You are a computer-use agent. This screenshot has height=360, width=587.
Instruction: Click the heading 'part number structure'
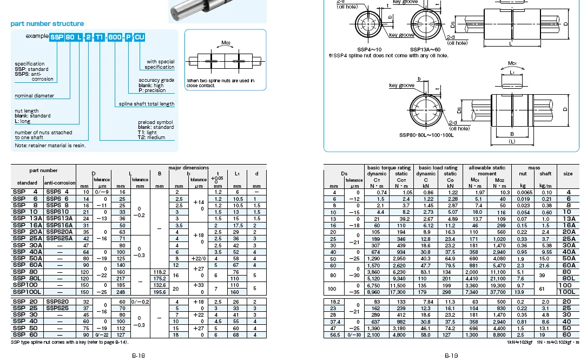click(x=47, y=24)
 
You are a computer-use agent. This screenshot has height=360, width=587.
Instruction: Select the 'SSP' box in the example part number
click(x=56, y=37)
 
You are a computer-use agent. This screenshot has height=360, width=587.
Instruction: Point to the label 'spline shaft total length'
click(x=147, y=104)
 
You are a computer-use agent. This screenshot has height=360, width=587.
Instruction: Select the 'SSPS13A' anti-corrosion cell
click(x=58, y=218)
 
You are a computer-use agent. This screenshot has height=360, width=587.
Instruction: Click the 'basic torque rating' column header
click(x=388, y=168)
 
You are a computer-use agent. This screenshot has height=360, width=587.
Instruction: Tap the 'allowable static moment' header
click(x=487, y=168)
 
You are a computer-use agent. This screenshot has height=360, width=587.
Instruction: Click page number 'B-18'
click(x=138, y=356)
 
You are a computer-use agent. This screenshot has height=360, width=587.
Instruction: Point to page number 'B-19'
click(x=451, y=356)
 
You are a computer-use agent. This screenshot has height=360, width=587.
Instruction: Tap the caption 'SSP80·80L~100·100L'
click(x=426, y=135)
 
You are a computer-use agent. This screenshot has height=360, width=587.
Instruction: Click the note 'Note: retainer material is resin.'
click(x=50, y=145)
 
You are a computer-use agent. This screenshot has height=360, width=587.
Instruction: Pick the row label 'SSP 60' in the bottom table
click(x=25, y=335)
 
